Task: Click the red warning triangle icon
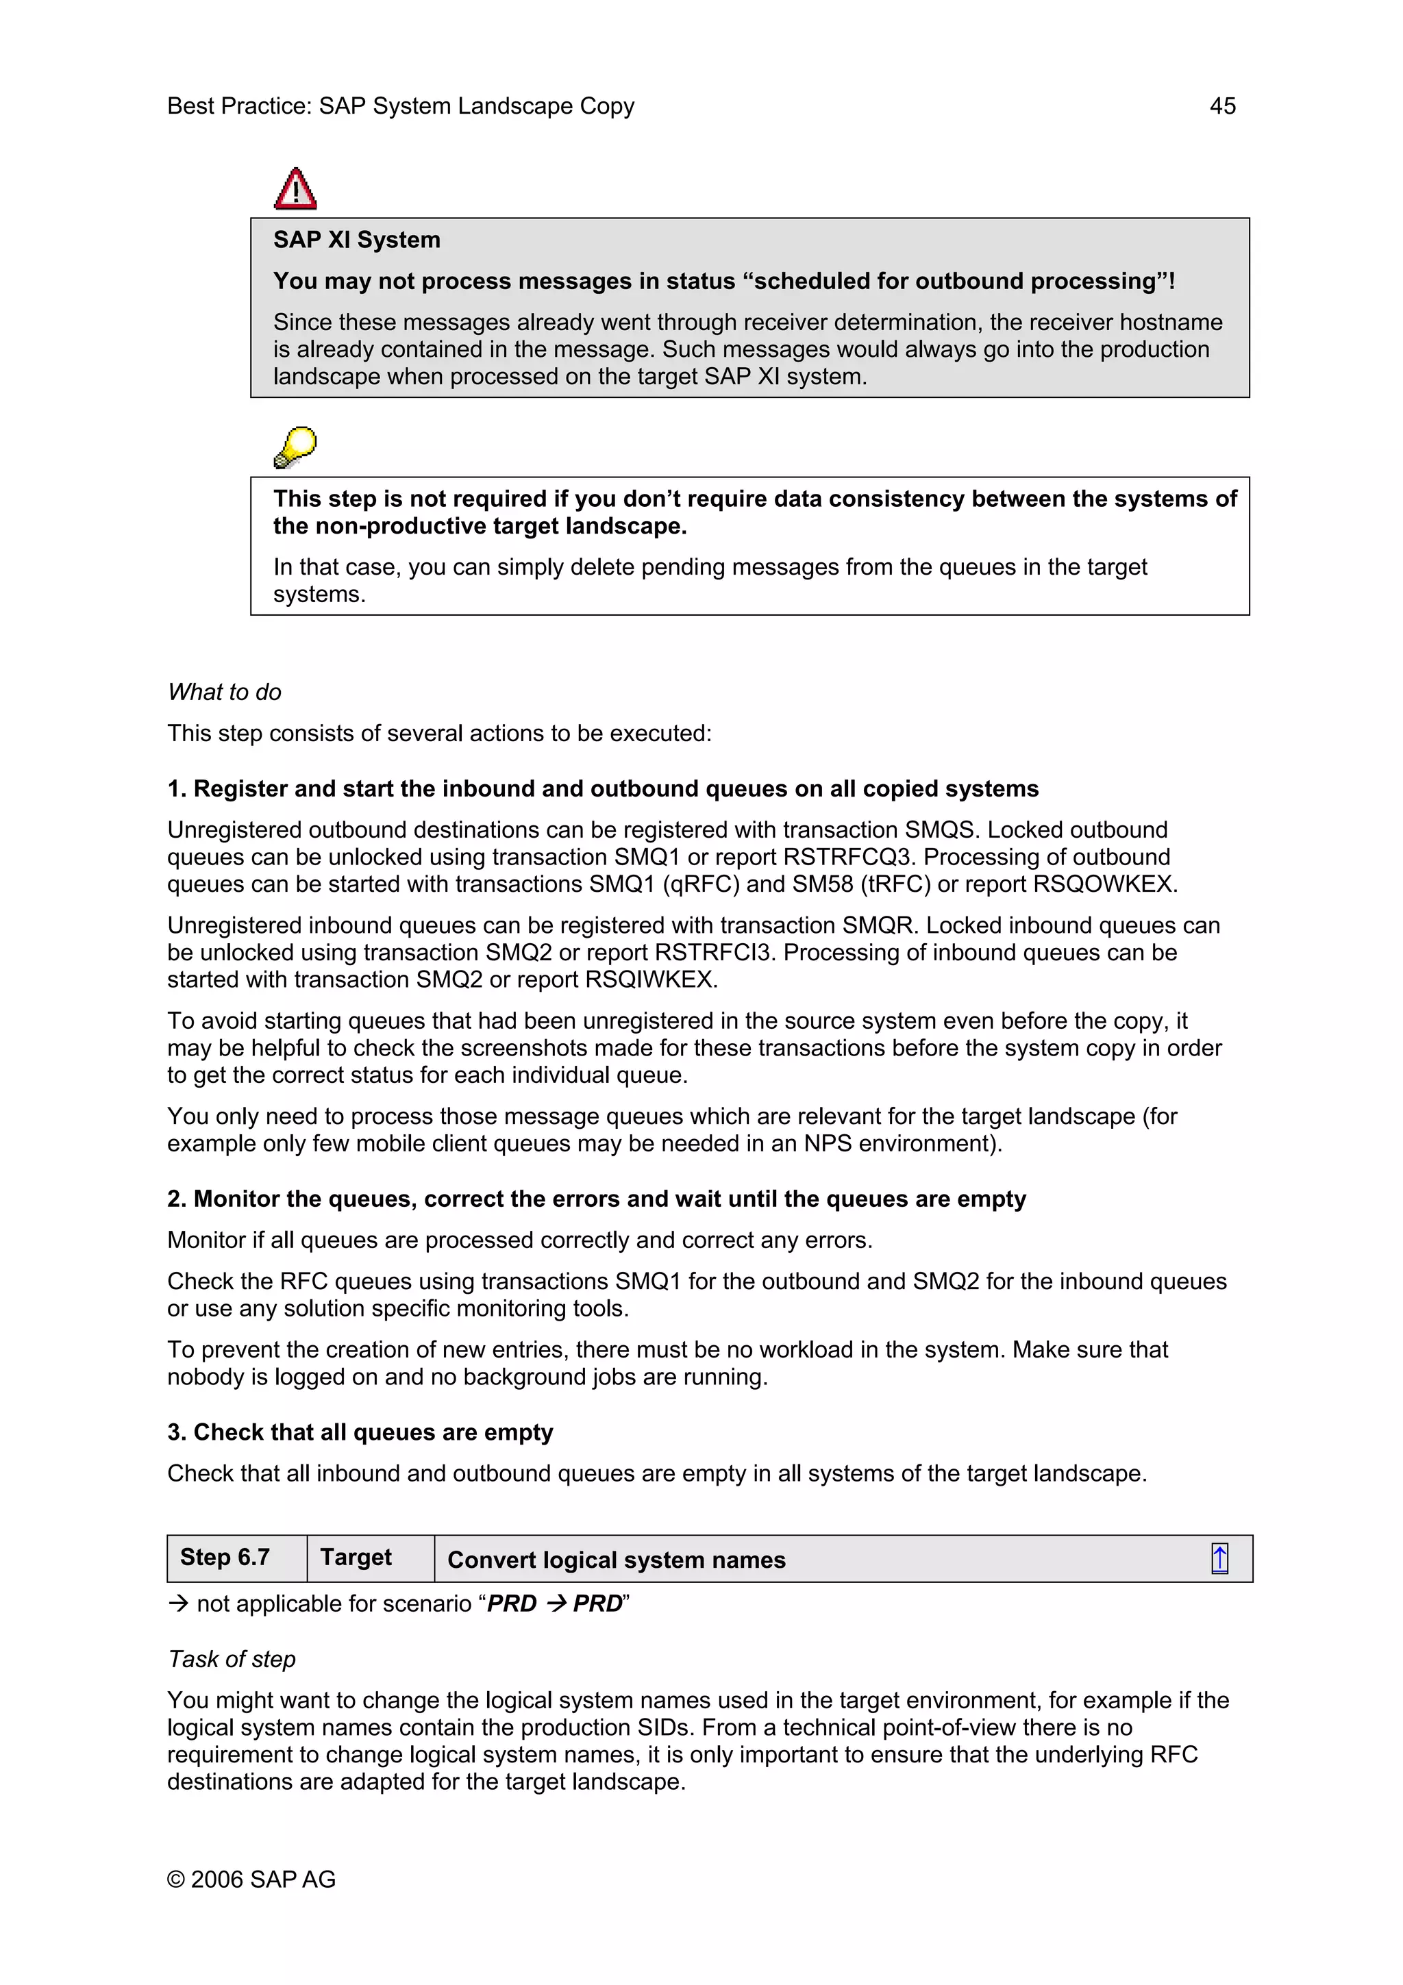[295, 189]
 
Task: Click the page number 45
[1221, 106]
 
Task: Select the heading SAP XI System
[356, 240]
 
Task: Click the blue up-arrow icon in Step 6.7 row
[1219, 1559]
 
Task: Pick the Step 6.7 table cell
[225, 1557]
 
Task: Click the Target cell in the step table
[356, 1557]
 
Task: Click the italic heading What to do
[225, 692]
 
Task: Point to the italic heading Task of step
[232, 1659]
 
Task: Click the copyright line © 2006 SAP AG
[251, 1879]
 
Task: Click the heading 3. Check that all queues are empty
[360, 1432]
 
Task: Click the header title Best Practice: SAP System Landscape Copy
[400, 106]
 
